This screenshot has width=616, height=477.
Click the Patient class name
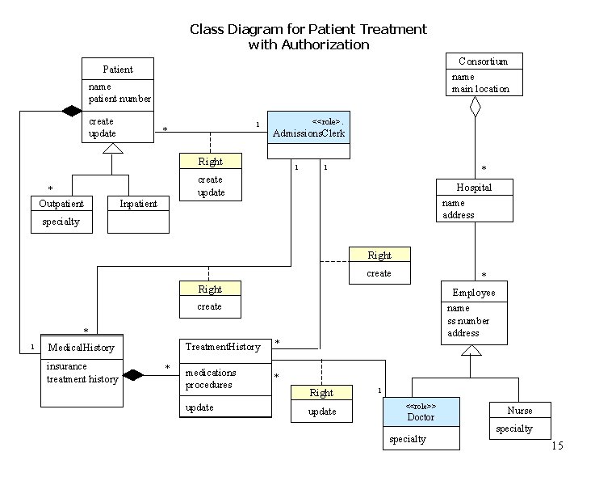click(x=118, y=70)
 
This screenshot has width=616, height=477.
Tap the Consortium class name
click(x=483, y=61)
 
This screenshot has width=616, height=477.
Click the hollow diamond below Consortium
click(x=476, y=106)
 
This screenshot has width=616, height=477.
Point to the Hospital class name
click(x=474, y=188)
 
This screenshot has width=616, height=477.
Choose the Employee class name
click(x=474, y=292)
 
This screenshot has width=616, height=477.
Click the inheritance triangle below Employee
click(x=471, y=350)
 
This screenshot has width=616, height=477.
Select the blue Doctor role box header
click(x=421, y=412)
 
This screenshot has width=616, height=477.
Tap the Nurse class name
click(x=520, y=411)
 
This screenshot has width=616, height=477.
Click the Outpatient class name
click(x=61, y=204)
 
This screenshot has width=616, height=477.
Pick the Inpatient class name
click(x=138, y=204)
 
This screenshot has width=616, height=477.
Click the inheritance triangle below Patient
click(x=113, y=148)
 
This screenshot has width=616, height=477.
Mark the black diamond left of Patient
click(x=72, y=111)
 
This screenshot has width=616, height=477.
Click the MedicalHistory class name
click(x=81, y=348)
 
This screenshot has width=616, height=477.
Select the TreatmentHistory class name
click(x=223, y=347)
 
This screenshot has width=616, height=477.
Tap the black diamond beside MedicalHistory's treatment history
click(x=132, y=375)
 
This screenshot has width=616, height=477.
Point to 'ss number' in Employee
click(x=467, y=321)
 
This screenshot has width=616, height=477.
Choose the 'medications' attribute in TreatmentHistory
click(x=211, y=373)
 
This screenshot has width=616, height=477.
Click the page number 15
click(x=557, y=446)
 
